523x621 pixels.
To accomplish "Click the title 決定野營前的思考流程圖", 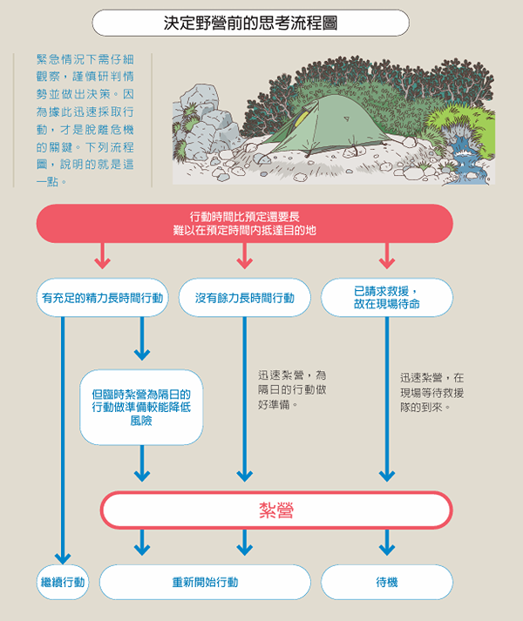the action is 250,23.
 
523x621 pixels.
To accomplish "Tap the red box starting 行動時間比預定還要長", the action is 245,223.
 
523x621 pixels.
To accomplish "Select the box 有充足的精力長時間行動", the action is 102,298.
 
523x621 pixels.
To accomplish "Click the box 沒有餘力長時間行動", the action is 245,298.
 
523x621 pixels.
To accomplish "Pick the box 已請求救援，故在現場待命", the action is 387,298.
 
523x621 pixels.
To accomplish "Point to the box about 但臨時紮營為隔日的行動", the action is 141,407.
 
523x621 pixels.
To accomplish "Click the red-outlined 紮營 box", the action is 276,510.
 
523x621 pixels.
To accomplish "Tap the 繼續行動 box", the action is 63,582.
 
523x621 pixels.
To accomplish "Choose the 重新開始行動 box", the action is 205,582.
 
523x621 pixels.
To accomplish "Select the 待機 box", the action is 387,582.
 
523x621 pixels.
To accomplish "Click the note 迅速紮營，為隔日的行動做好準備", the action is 292,389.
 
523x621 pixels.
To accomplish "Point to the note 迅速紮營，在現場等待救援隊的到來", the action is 431,392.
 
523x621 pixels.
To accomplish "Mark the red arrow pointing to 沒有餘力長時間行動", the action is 245,256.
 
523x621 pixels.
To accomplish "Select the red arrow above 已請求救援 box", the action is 387,256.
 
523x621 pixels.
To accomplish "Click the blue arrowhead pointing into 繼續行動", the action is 63,558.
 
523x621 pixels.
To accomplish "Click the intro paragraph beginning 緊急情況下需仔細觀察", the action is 85,120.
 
